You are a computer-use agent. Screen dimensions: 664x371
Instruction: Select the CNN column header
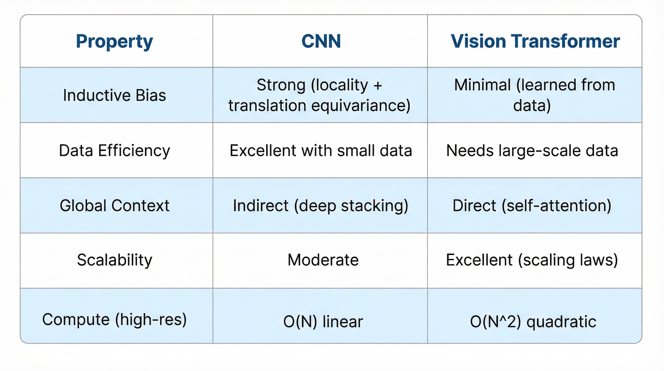point(321,41)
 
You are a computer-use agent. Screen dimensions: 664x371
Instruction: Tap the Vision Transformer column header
point(535,41)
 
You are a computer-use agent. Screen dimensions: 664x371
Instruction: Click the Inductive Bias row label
point(115,95)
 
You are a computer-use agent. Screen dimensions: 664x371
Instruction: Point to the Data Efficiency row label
point(115,151)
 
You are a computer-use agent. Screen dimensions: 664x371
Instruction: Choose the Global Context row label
point(115,205)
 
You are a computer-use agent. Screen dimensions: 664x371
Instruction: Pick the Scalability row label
point(115,260)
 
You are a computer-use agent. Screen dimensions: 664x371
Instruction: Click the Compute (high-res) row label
point(115,320)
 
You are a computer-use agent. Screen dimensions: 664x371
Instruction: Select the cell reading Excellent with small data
point(321,151)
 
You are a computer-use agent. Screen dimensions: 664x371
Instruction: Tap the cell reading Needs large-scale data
point(532,151)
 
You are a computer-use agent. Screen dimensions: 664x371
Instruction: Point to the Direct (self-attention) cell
point(532,206)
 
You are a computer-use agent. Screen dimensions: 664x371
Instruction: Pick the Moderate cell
point(323,260)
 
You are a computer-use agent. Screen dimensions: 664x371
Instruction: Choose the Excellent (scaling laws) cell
point(532,260)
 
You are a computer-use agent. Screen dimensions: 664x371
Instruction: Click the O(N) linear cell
point(323,322)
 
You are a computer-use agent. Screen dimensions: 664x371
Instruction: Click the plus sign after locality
point(378,85)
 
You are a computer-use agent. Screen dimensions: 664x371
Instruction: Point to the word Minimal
point(482,85)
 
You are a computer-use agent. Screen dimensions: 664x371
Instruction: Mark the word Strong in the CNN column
point(281,85)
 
